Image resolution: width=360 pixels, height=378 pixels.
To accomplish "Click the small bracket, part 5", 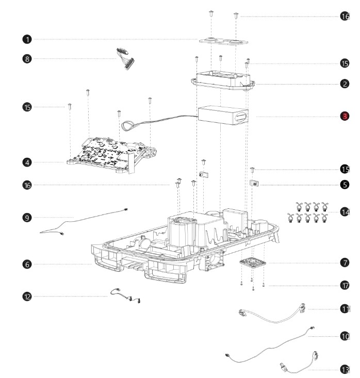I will point(255,183).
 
